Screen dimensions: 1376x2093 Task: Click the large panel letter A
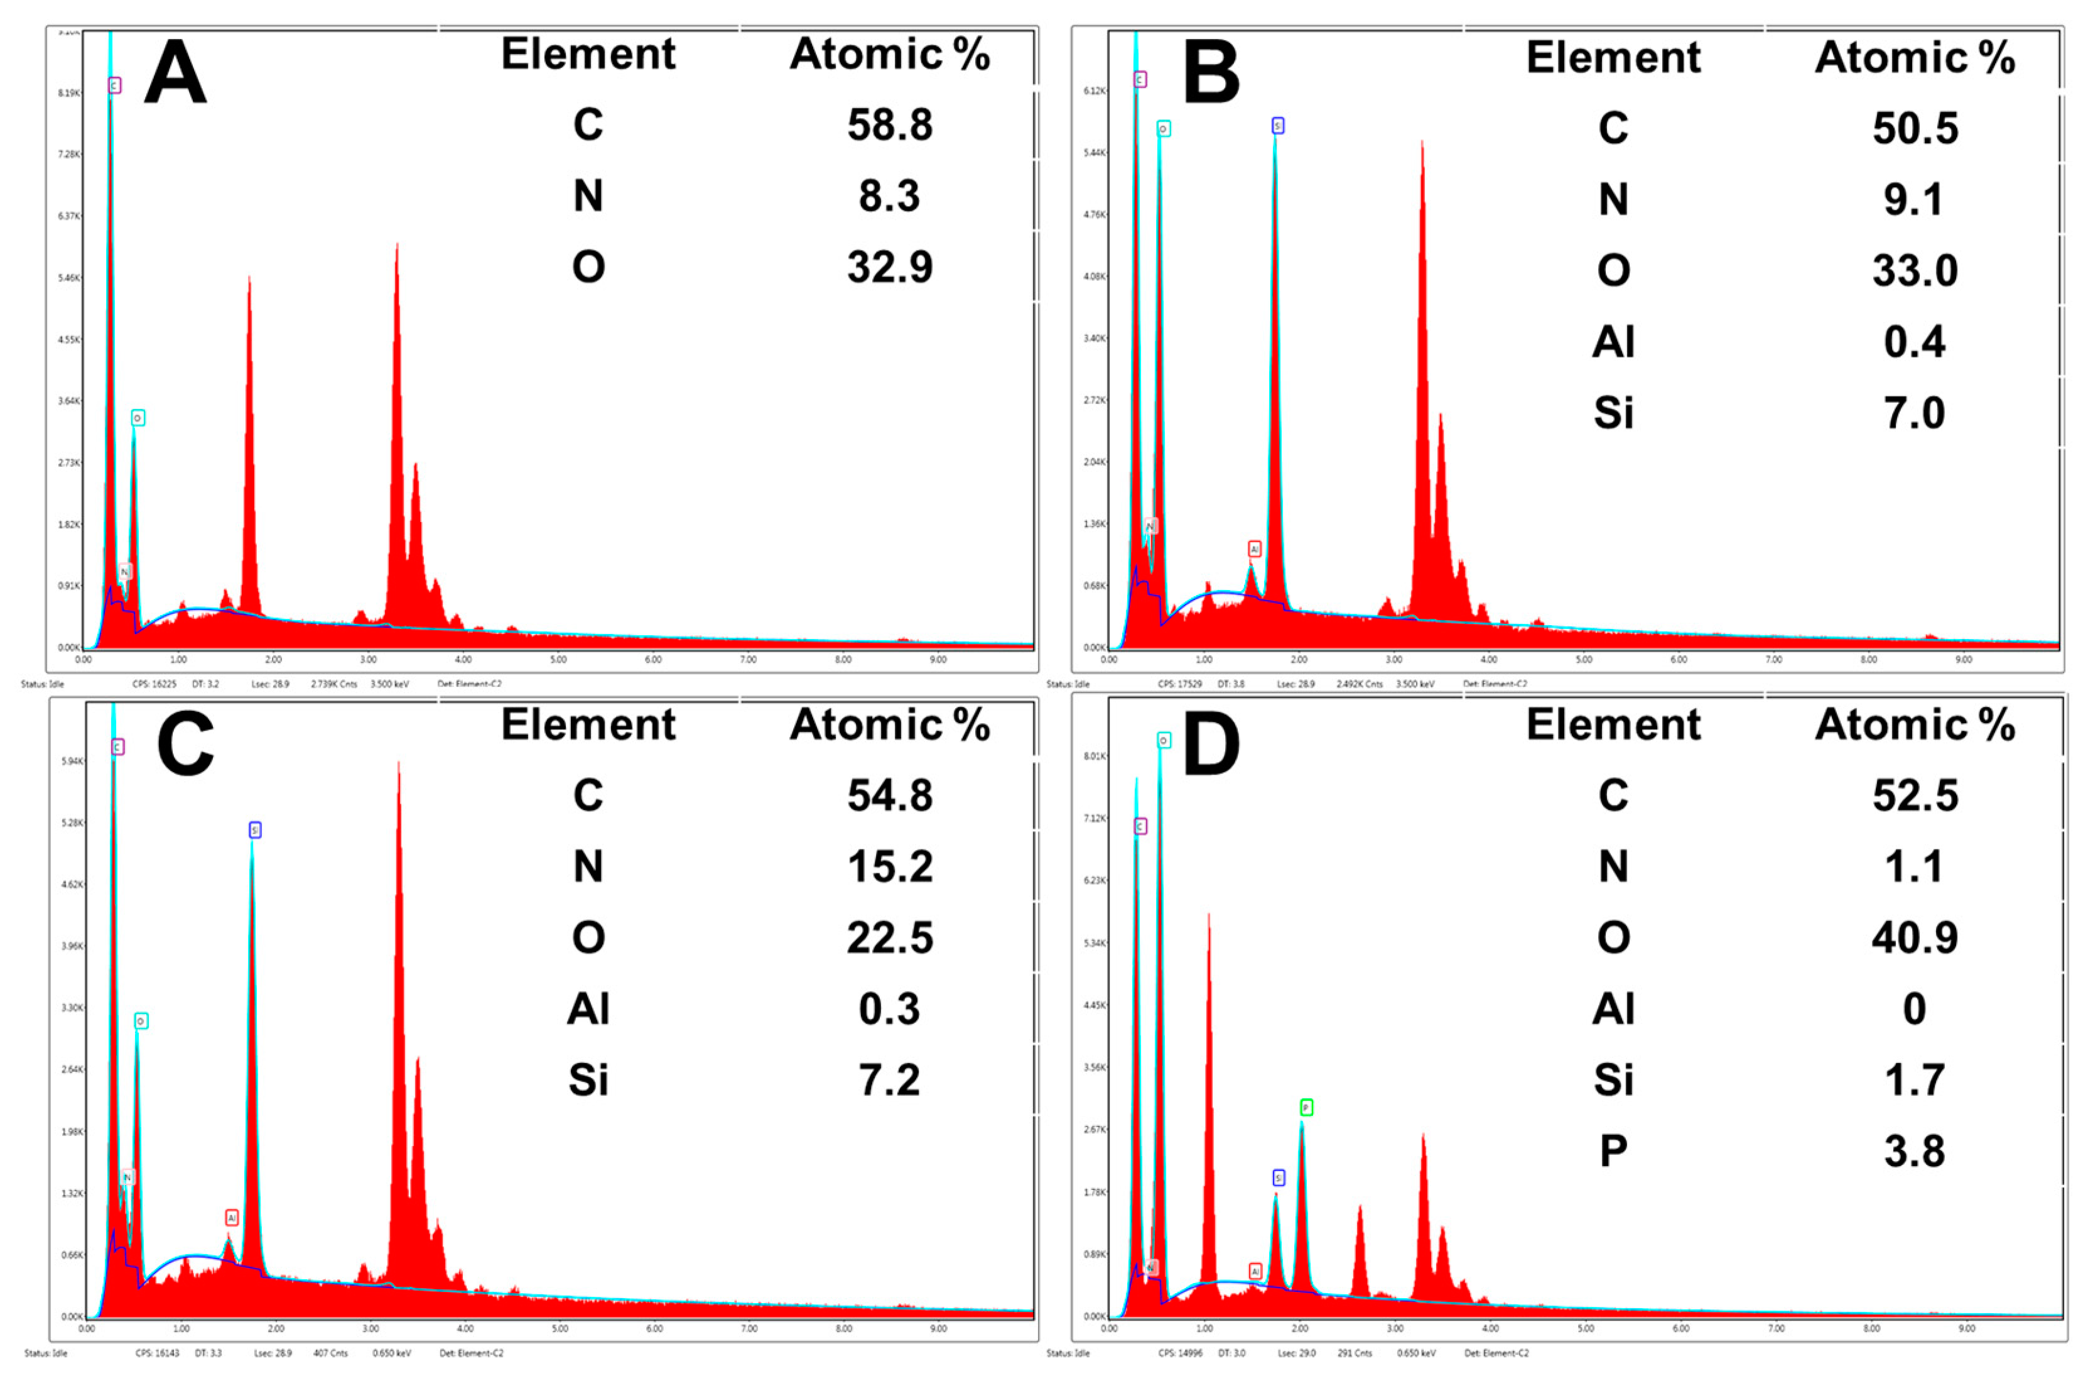click(x=175, y=74)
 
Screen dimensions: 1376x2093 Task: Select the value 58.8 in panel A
click(x=889, y=125)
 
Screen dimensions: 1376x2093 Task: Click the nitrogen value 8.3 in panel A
click(x=889, y=195)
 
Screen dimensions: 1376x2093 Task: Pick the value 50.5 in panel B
click(x=1915, y=128)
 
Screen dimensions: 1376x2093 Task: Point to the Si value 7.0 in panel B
click(x=1915, y=413)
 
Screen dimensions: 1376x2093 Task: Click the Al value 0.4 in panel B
click(x=1915, y=341)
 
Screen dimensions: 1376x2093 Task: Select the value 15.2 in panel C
click(x=889, y=866)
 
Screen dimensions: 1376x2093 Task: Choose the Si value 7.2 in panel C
click(x=889, y=1079)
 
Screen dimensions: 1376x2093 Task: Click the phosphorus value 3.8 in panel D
click(x=1915, y=1151)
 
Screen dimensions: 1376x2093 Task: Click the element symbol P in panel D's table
click(x=1613, y=1151)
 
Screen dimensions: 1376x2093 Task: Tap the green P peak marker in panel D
click(x=1306, y=1107)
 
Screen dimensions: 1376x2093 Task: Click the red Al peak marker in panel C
click(x=231, y=1218)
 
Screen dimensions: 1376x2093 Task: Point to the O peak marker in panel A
click(x=138, y=418)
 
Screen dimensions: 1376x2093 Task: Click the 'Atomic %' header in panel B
click(x=1915, y=58)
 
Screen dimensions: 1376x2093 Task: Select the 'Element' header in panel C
click(x=588, y=725)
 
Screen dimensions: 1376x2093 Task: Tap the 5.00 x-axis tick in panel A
click(x=558, y=659)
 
